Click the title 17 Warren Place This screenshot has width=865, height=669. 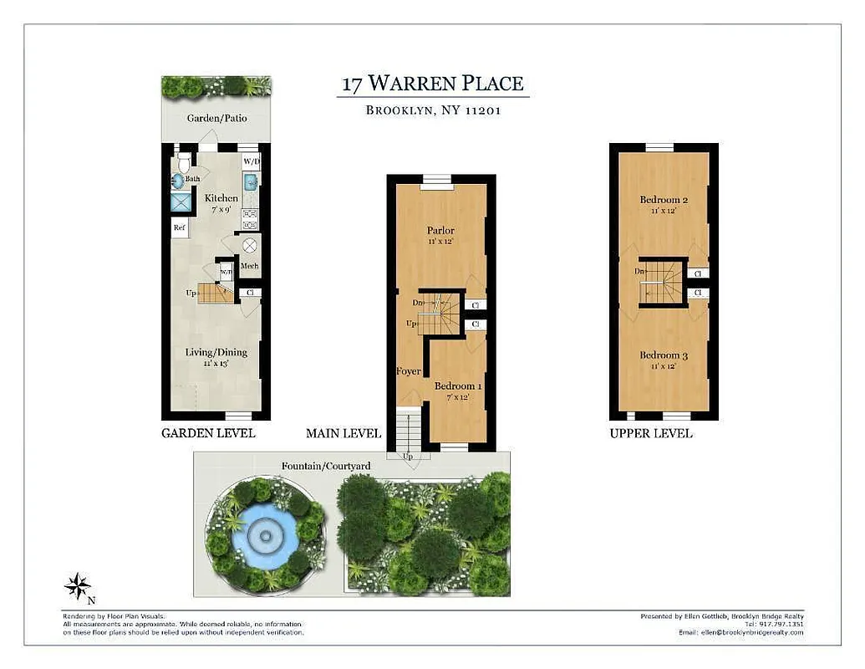point(432,84)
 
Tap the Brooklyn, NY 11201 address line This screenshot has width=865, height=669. point(433,110)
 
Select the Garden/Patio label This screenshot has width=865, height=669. point(216,119)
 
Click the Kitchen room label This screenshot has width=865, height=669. point(221,198)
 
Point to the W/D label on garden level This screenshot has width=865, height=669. point(251,161)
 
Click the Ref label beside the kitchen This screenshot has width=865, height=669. point(180,227)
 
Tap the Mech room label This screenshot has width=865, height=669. point(249,266)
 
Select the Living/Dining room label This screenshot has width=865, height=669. point(216,353)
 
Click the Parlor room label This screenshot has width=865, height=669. point(440,230)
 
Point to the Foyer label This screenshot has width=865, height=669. point(409,371)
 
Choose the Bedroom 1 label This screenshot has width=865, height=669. point(458,386)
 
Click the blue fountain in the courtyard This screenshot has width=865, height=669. point(265,534)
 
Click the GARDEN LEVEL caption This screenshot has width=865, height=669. point(208,433)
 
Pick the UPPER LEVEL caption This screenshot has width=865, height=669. point(651,433)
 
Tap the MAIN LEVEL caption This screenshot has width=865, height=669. point(343,433)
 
